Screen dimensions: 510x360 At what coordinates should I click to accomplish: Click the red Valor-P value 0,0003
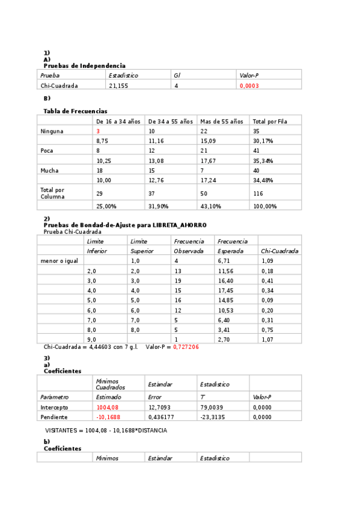tap(249, 86)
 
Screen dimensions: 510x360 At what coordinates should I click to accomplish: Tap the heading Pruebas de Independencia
tap(84, 66)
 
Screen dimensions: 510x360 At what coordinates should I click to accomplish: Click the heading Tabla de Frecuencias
tap(75, 111)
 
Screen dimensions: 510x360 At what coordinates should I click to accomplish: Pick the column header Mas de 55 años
tap(222, 121)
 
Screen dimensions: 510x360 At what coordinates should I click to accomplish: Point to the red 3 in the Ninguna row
tap(98, 131)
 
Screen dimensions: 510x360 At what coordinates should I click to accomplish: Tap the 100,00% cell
tap(264, 206)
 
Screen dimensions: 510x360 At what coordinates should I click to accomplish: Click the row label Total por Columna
tap(52, 193)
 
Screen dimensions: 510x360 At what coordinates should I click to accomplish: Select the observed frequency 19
tap(177, 281)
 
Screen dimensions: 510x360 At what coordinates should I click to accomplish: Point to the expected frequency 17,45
tap(225, 290)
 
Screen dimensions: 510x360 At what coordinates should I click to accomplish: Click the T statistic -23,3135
tap(213, 417)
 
